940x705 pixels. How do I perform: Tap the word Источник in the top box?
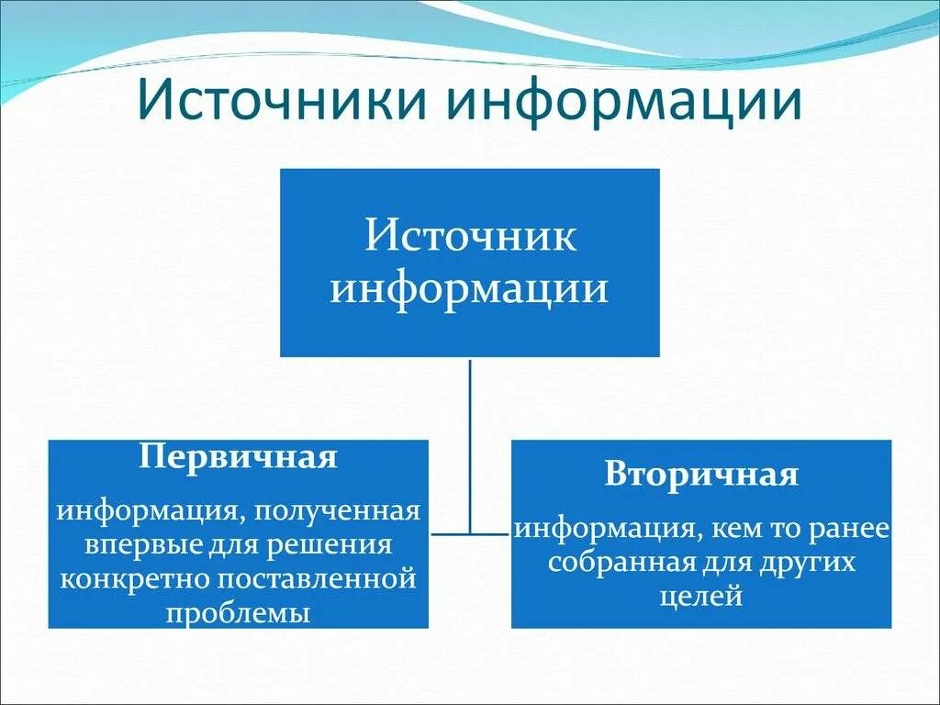[x=470, y=235]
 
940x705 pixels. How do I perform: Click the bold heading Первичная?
[x=238, y=457]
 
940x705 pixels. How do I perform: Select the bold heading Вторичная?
[x=701, y=475]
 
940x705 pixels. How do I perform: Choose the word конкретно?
[x=117, y=579]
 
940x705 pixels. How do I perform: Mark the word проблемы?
[x=238, y=613]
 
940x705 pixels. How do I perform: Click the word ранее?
[x=851, y=529]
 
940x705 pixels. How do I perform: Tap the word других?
[x=807, y=562]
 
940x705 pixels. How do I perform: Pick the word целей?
[x=700, y=596]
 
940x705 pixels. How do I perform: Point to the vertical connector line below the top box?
[x=470, y=441]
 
